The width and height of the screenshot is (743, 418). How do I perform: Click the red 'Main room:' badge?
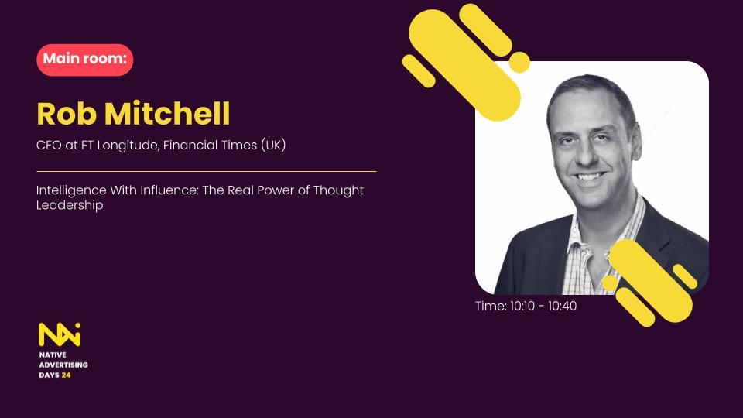point(85,60)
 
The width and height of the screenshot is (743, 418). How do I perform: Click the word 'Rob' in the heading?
point(67,114)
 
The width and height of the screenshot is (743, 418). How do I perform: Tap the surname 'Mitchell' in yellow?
point(167,113)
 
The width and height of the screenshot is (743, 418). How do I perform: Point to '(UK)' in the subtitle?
point(273,145)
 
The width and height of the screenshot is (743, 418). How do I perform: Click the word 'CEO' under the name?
point(49,145)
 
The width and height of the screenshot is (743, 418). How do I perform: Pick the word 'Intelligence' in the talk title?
point(71,190)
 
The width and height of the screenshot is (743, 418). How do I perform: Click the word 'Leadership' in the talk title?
point(70,205)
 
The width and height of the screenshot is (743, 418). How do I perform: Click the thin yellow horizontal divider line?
point(207,171)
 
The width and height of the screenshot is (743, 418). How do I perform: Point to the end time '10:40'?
point(563,307)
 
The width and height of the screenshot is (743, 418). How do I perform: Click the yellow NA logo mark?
point(60,334)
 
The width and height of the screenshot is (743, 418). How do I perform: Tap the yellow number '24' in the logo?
point(67,375)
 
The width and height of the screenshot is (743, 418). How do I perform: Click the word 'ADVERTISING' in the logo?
point(63,365)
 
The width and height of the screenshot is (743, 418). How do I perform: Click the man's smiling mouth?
point(590,177)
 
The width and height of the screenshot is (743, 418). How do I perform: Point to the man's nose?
point(586,154)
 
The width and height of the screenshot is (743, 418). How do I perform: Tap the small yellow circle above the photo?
point(519,63)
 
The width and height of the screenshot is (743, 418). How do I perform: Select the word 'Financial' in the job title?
point(186,145)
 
